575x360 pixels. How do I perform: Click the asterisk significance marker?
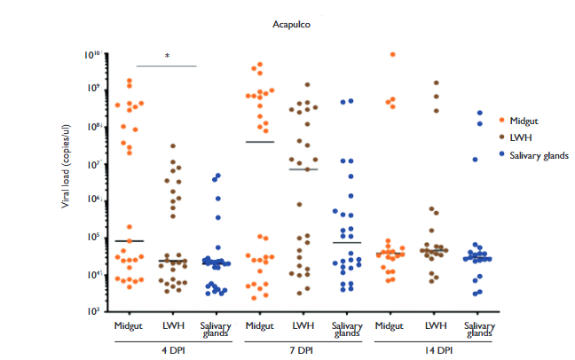click(167, 57)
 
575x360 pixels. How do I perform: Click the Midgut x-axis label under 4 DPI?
click(130, 325)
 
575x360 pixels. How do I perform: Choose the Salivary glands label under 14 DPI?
click(478, 329)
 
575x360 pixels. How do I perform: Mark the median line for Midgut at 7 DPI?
click(260, 142)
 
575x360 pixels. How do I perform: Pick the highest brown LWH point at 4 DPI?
click(173, 145)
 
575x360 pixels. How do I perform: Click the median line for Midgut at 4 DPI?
click(130, 241)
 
